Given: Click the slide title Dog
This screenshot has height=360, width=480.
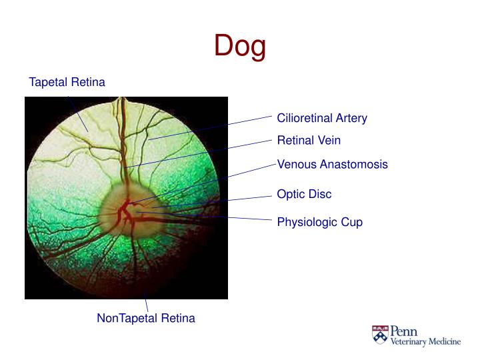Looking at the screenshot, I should coord(240,46).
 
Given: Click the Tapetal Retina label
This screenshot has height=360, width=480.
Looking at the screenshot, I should coord(67,82).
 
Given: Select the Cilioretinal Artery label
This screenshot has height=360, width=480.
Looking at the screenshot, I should coord(322,118).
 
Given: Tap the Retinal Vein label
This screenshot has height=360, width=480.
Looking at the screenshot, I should coord(309,141).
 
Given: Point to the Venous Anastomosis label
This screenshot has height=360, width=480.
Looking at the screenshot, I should coord(332,164).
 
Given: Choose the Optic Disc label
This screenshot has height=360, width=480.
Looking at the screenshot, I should coord(304,194).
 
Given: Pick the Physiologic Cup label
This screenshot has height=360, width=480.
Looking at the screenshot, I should coord(319,222).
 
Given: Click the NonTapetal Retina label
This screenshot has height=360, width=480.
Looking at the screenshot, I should coord(146,318).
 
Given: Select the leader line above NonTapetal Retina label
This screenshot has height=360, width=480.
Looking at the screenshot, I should coord(146,304).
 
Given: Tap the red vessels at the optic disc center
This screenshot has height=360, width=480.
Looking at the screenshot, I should coord(124,212).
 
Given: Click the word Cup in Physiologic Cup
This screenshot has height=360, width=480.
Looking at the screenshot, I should coord(351,222).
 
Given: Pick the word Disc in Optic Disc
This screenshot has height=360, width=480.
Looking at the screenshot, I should coord(319,194).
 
